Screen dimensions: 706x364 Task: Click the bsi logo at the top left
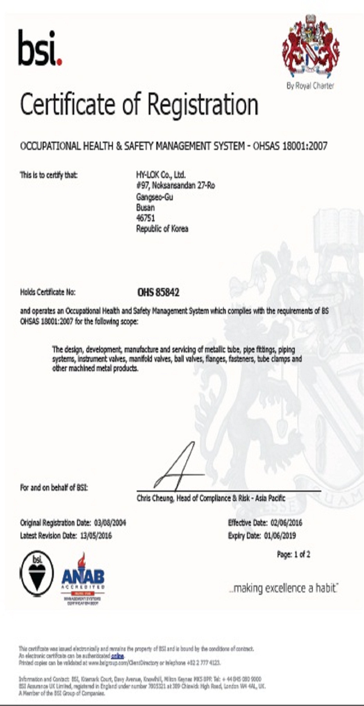pyautogui.click(x=40, y=48)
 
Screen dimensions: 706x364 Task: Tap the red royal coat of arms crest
pyautogui.click(x=311, y=46)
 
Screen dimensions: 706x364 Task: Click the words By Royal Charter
pyautogui.click(x=310, y=85)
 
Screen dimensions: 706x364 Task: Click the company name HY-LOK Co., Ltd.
pyautogui.click(x=161, y=174)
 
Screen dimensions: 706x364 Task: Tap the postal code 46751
pyautogui.click(x=145, y=218)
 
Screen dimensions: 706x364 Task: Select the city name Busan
pyautogui.click(x=145, y=207)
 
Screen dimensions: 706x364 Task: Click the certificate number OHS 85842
pyautogui.click(x=158, y=292)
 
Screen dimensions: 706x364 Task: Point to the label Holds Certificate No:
pyautogui.click(x=48, y=292)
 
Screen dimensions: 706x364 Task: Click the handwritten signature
pyautogui.click(x=179, y=467)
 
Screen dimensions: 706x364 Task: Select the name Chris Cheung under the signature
pyautogui.click(x=155, y=498)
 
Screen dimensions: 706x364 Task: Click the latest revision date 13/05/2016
pyautogui.click(x=96, y=536)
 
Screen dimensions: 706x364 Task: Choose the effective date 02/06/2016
pyautogui.click(x=286, y=523)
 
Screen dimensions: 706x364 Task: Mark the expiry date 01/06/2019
pyautogui.click(x=280, y=536)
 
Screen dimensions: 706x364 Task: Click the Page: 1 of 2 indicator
pyautogui.click(x=293, y=554)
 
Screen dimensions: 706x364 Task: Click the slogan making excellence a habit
pyautogui.click(x=284, y=588)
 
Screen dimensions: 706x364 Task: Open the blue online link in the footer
pyautogui.click(x=118, y=656)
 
